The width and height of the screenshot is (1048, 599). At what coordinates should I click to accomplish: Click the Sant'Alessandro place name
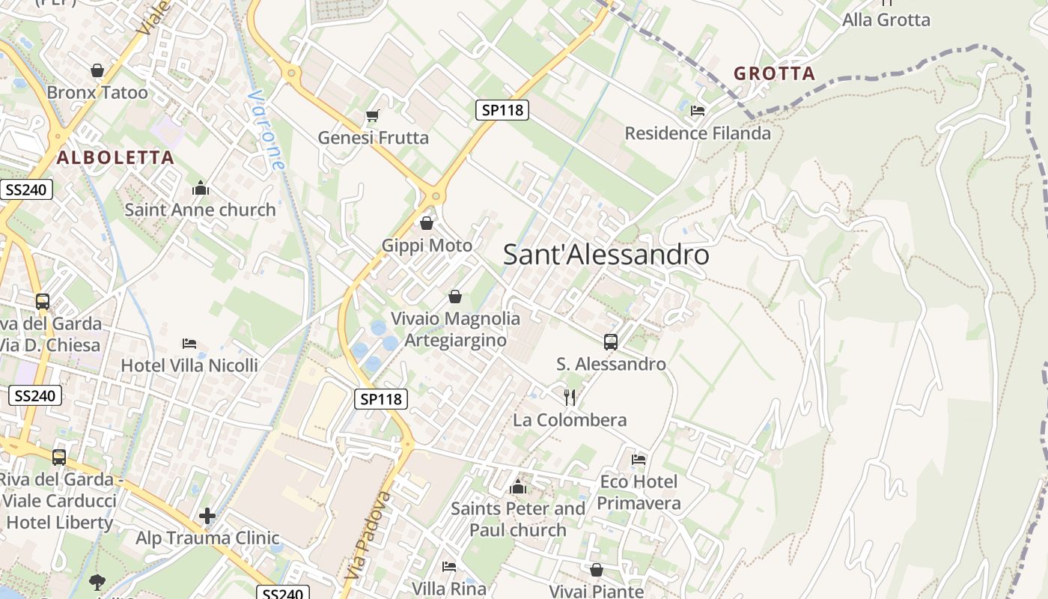[606, 255]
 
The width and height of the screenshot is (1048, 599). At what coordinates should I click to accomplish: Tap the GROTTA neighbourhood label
[774, 73]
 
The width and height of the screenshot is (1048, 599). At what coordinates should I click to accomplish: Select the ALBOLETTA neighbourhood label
[115, 158]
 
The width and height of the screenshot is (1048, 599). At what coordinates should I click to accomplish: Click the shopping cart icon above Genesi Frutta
[372, 115]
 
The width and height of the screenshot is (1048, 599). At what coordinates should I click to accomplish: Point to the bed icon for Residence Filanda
[698, 111]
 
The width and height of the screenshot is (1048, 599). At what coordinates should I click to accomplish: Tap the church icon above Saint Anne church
[200, 188]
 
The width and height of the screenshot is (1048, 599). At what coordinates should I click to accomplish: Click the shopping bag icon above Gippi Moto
[427, 223]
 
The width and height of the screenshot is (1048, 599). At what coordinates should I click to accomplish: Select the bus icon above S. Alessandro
[611, 342]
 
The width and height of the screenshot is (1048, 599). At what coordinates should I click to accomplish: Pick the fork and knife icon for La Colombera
[570, 397]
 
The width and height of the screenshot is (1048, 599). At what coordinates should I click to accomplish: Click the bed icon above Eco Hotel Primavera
[639, 459]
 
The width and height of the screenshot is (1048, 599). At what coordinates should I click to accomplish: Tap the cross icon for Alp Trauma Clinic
[207, 516]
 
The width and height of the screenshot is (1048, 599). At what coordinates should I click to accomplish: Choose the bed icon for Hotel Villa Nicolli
[189, 344]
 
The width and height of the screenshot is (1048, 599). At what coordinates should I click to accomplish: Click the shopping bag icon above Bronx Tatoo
[97, 70]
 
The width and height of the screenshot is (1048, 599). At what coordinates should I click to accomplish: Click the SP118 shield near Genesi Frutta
[502, 110]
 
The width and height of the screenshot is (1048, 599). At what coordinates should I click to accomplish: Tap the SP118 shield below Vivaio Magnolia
[381, 399]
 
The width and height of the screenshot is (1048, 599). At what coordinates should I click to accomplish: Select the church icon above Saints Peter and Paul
[517, 487]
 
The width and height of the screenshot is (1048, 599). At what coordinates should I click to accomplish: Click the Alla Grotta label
[886, 20]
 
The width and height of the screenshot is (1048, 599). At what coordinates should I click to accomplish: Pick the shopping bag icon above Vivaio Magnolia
[455, 297]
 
